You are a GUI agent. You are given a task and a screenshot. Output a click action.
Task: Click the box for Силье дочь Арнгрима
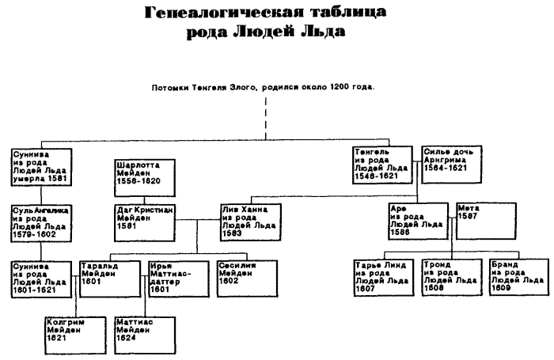pos(453,165)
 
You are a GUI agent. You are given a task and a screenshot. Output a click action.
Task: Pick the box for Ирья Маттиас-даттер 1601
pos(174,278)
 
